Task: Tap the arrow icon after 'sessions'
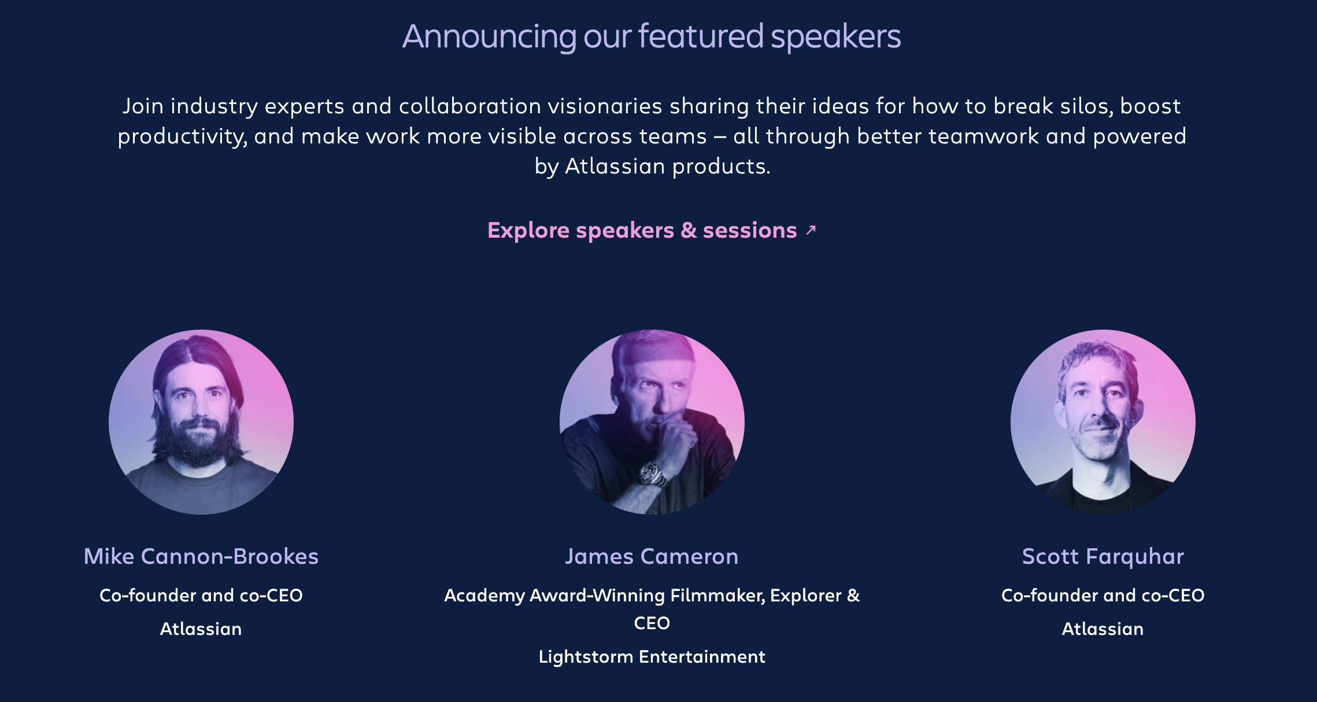click(x=811, y=230)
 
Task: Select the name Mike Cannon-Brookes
click(x=201, y=556)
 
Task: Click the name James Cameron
click(x=652, y=556)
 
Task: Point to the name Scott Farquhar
click(x=1103, y=556)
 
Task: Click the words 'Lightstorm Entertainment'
click(x=652, y=657)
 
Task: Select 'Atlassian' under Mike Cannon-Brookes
click(x=201, y=629)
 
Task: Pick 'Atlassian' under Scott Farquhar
click(x=1103, y=629)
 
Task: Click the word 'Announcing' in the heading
click(x=489, y=37)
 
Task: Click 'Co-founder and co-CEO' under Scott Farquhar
click(x=1103, y=595)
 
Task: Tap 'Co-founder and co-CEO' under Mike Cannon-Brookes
click(x=201, y=595)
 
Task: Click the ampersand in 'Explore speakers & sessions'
click(x=689, y=230)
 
